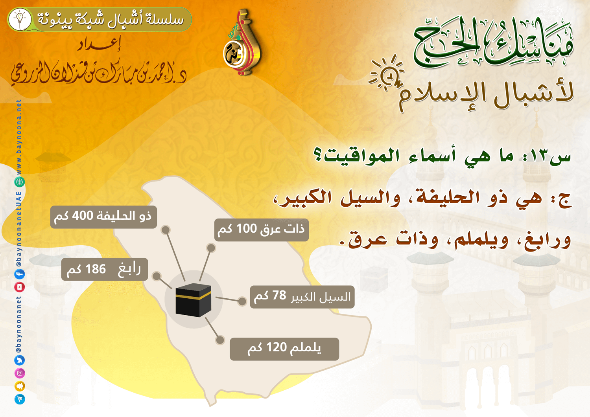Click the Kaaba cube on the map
click(194, 300)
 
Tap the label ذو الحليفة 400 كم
click(103, 217)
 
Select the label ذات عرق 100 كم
click(261, 230)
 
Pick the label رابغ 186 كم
click(105, 269)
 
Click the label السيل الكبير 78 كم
click(302, 297)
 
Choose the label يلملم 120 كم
click(284, 349)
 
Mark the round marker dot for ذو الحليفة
click(166, 230)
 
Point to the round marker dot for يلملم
click(219, 340)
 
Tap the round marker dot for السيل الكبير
click(242, 301)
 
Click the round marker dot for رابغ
click(157, 276)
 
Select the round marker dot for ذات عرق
click(211, 248)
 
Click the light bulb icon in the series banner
click(20, 19)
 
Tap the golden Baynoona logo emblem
click(242, 42)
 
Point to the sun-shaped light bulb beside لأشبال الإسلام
click(387, 74)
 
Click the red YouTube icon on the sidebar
click(20, 287)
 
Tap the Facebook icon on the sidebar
click(20, 274)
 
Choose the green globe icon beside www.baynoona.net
click(20, 182)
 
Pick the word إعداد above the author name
click(99, 45)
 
